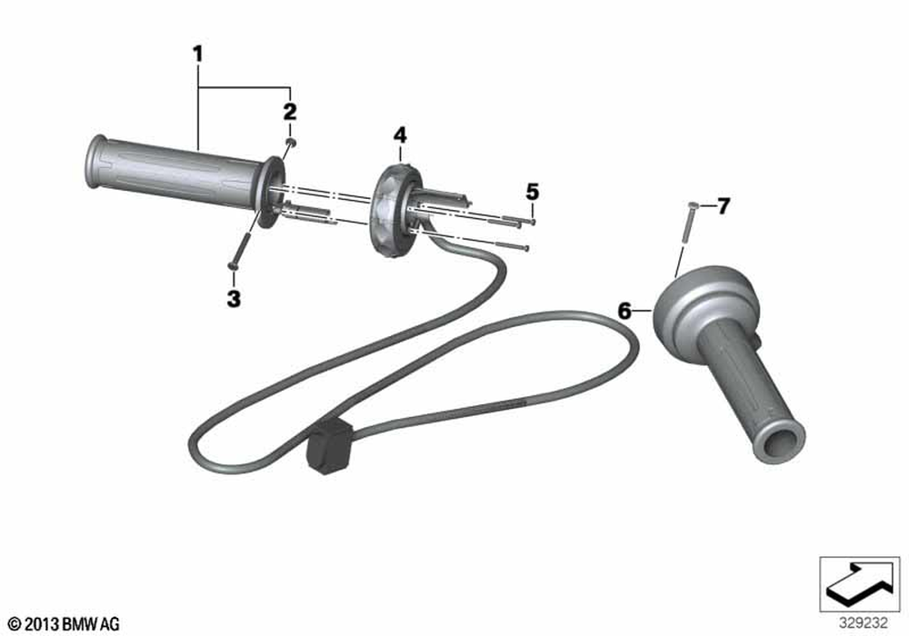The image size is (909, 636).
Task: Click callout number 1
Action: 198,55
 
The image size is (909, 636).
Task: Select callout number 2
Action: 290,111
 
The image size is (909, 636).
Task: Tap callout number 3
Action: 234,299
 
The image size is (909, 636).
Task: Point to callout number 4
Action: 400,135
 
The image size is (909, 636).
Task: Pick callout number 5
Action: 532,192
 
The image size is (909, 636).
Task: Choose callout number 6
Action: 624,311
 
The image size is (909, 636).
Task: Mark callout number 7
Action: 723,205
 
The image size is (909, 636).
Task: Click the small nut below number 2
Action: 292,142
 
